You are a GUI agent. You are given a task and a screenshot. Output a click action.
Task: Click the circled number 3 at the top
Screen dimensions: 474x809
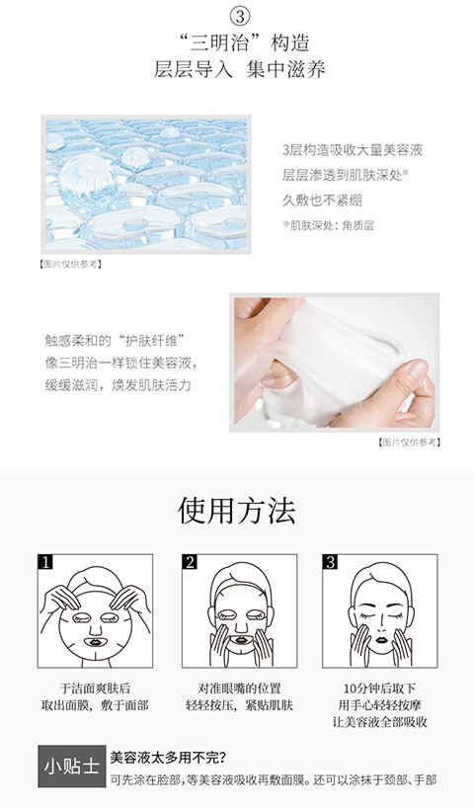coord(239,17)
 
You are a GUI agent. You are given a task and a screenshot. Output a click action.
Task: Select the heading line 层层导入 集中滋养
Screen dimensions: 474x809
coord(239,69)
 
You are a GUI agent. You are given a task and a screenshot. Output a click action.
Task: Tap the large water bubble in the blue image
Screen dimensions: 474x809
coord(87,178)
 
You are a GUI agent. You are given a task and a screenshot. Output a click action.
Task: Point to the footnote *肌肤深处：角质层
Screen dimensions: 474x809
coord(329,225)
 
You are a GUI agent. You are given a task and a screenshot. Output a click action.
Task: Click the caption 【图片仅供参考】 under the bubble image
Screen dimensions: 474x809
coord(71,264)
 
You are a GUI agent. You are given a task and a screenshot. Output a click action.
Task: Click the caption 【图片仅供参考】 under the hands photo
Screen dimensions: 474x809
coord(409,443)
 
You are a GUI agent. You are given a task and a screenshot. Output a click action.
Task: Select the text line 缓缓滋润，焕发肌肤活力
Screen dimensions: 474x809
coord(118,385)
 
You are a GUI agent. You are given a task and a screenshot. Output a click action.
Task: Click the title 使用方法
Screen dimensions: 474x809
coord(237,511)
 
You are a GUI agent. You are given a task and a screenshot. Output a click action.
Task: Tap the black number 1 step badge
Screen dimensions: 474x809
coord(45,562)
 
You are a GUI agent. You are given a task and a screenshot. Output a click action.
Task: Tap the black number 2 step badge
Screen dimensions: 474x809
coord(190,562)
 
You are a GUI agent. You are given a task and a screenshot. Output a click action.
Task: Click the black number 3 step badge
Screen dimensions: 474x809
coord(330,562)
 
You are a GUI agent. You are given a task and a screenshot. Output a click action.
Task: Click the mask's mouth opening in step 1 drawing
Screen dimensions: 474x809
coord(95,642)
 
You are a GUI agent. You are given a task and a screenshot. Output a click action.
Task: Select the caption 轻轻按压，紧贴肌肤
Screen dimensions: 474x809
coord(239,704)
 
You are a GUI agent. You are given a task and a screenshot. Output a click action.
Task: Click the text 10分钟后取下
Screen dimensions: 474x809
coord(379,688)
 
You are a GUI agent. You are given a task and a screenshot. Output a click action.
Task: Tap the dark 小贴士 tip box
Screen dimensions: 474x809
coord(71,767)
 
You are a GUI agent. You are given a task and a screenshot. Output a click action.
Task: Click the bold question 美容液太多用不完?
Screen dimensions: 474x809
coord(168,758)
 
